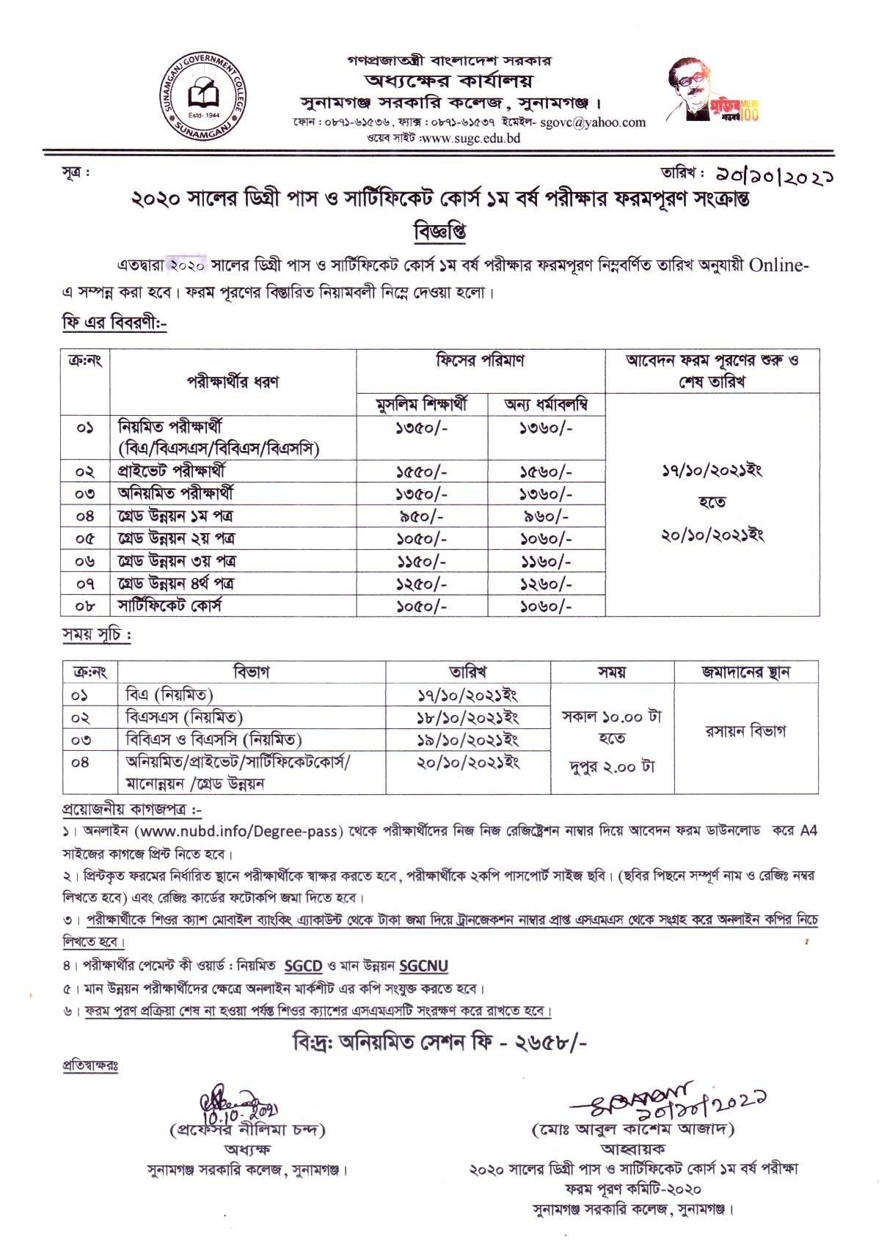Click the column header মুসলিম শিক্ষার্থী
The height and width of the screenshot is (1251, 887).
[x=421, y=405]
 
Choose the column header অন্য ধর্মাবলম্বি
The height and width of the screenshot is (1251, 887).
[x=546, y=405]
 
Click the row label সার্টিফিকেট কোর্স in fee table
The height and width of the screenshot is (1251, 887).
[x=169, y=606]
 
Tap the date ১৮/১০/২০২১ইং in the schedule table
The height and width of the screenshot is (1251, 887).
[x=468, y=717]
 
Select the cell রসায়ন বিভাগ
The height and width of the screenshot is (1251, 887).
[x=745, y=731]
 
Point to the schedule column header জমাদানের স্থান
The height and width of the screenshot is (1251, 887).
[x=745, y=672]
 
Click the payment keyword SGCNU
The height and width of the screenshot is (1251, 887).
[x=424, y=966]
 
